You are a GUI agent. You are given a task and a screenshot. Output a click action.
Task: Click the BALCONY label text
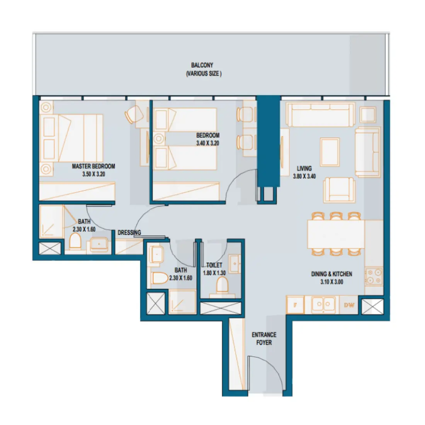[202, 65]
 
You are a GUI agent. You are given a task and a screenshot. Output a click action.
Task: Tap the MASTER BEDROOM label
[93, 166]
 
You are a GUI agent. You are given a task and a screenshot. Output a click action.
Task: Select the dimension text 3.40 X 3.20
[207, 143]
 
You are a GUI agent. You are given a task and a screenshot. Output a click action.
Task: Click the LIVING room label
[304, 168]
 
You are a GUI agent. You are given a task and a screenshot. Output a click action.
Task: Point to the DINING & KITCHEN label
[331, 274]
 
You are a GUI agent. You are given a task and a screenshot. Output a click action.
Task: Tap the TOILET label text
[214, 265]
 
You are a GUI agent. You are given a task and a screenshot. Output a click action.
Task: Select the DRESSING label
[129, 233]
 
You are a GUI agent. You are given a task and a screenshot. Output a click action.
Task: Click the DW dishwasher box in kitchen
[349, 305]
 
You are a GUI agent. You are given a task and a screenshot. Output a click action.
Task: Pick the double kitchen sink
[323, 304]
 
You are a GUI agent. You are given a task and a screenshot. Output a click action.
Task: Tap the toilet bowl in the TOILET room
[222, 285]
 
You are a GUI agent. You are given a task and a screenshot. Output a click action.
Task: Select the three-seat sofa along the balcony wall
[320, 115]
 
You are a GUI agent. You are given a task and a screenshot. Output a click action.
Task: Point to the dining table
[335, 234]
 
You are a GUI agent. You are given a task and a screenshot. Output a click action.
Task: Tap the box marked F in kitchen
[295, 305]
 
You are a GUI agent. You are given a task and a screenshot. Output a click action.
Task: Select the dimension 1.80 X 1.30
[214, 273]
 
